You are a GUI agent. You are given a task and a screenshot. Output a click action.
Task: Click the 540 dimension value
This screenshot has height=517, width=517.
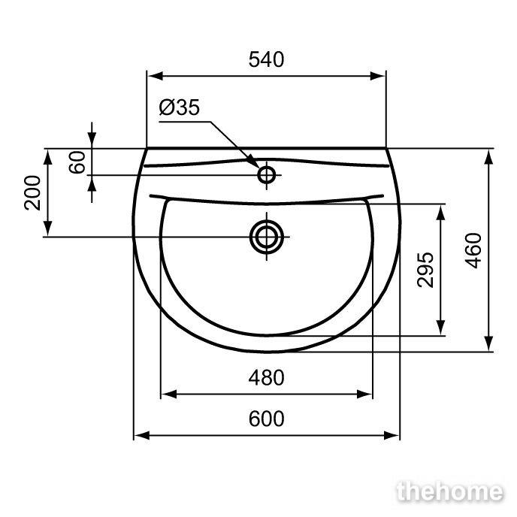coord(266,59)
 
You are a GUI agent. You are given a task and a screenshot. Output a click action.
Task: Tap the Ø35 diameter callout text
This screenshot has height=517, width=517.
coord(180,107)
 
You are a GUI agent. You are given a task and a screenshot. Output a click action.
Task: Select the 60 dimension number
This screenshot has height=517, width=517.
coord(77,162)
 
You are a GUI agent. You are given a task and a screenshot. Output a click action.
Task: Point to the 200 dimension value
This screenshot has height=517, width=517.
coord(32,193)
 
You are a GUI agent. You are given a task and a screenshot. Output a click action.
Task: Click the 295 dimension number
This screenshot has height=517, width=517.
coord(425,270)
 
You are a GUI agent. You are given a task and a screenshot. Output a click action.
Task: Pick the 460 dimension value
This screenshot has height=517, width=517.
coord(473,250)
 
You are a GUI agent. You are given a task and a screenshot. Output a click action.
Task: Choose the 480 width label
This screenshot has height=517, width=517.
coord(267,378)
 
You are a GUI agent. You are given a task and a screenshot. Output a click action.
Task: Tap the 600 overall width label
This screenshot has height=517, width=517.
coord(267,419)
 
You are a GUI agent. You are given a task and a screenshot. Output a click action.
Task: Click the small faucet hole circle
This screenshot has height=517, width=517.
coord(267,175)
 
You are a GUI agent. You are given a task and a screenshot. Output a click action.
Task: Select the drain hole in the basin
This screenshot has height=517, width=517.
coord(267,237)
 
